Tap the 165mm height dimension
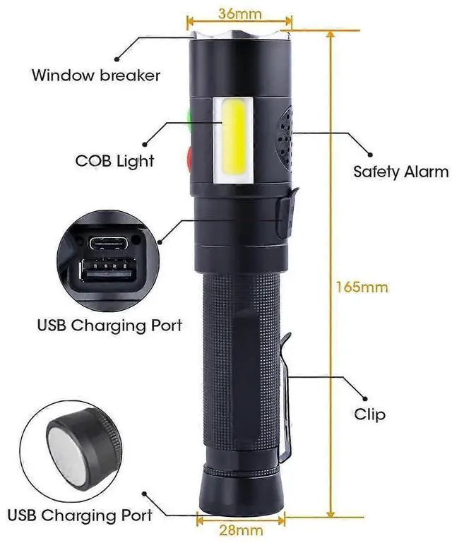pyautogui.click(x=362, y=287)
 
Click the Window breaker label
pyautogui.click(x=95, y=75)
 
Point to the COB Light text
pyautogui.click(x=114, y=161)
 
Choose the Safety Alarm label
pyautogui.click(x=400, y=171)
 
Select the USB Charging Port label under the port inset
pyautogui.click(x=109, y=326)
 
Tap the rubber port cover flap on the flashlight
pyautogui.click(x=284, y=212)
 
